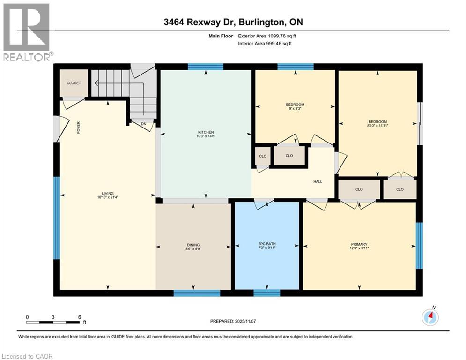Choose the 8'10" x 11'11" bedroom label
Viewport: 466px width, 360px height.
377,124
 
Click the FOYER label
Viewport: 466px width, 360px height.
79,127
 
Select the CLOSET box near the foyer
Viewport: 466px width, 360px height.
74,83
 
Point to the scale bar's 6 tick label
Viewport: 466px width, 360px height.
79,317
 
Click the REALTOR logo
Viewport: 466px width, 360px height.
27,32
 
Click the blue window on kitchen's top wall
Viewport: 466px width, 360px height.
206,67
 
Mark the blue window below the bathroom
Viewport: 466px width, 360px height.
266,293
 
